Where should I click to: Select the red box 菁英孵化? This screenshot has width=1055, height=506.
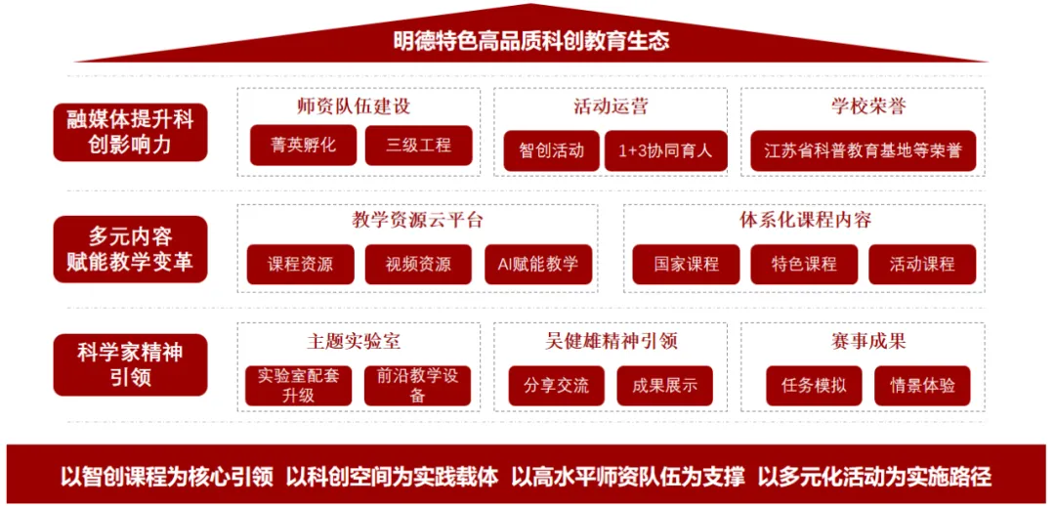coord(304,146)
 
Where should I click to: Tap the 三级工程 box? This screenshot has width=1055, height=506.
coord(418,146)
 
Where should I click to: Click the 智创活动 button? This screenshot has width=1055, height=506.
coord(551,150)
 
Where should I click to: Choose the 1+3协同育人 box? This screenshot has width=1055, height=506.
coord(665,150)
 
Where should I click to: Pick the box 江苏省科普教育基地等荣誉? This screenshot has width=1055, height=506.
coord(864,150)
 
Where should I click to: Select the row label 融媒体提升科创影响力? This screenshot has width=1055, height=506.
coord(130,132)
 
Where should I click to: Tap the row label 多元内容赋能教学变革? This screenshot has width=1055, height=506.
coord(130,249)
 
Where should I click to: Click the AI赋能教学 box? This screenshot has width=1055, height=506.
coord(538,264)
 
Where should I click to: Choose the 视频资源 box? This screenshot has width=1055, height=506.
coord(418,264)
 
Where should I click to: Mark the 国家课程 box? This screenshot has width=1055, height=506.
coord(686,264)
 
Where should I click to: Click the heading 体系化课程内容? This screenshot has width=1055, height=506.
coord(805,219)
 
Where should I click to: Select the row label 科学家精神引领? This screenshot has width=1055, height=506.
coord(130,364)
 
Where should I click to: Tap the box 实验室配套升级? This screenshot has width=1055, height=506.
coord(299,385)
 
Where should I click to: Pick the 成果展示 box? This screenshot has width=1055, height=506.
coord(665,385)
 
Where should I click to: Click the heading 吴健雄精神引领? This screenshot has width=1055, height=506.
coord(612,341)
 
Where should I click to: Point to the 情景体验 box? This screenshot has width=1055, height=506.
coord(922,385)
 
